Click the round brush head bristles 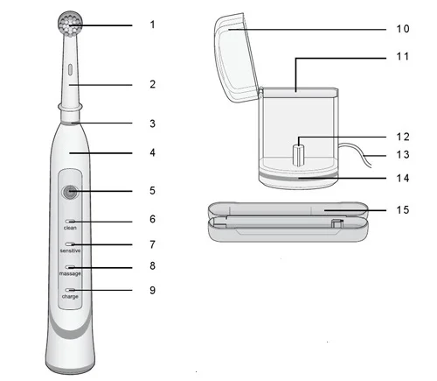[71, 24]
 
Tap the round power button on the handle [70, 192]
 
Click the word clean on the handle [70, 228]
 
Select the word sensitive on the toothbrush [70, 250]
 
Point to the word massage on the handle [70, 273]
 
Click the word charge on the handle [70, 297]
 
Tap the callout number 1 [152, 25]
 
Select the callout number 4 [152, 152]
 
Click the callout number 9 [152, 290]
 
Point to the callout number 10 [403, 29]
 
